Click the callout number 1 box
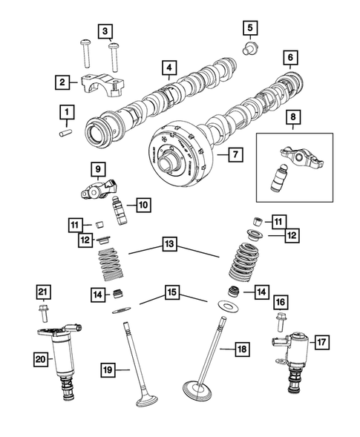(x=68, y=112)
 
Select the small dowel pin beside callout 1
(x=65, y=133)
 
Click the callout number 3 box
(x=106, y=30)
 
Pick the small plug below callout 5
(x=250, y=50)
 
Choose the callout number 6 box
(x=289, y=57)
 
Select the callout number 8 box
(x=295, y=116)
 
